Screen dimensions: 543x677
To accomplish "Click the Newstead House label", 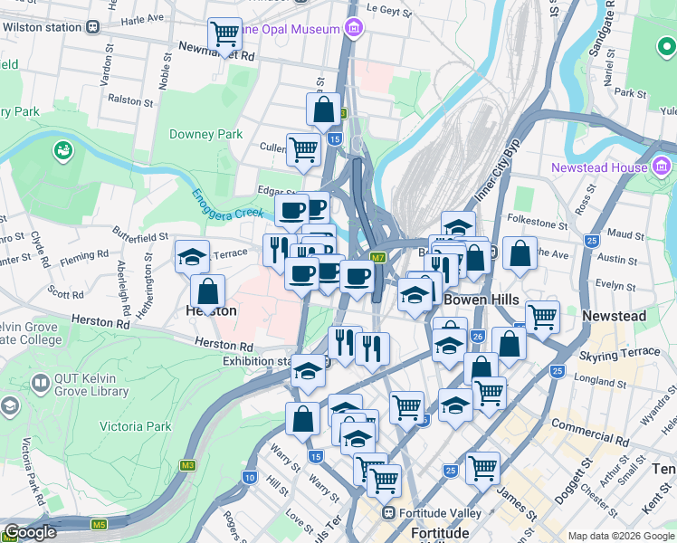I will (x=599, y=167).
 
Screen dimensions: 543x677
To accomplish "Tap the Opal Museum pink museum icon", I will (x=353, y=29).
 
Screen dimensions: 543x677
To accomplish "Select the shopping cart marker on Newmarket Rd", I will (x=224, y=35).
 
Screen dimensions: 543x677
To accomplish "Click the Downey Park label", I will (x=206, y=134).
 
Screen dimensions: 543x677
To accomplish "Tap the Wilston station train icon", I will (x=93, y=27).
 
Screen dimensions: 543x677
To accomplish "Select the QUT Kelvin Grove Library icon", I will (x=39, y=383).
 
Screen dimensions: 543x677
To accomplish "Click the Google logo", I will (x=29, y=532).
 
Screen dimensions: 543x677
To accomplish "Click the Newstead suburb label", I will (x=614, y=316).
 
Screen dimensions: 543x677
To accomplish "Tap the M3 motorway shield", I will (x=187, y=466).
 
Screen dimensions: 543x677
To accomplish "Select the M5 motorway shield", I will (x=99, y=524).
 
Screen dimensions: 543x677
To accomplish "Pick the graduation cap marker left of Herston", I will (x=192, y=257).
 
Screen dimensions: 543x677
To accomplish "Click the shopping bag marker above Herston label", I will (x=208, y=291).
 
